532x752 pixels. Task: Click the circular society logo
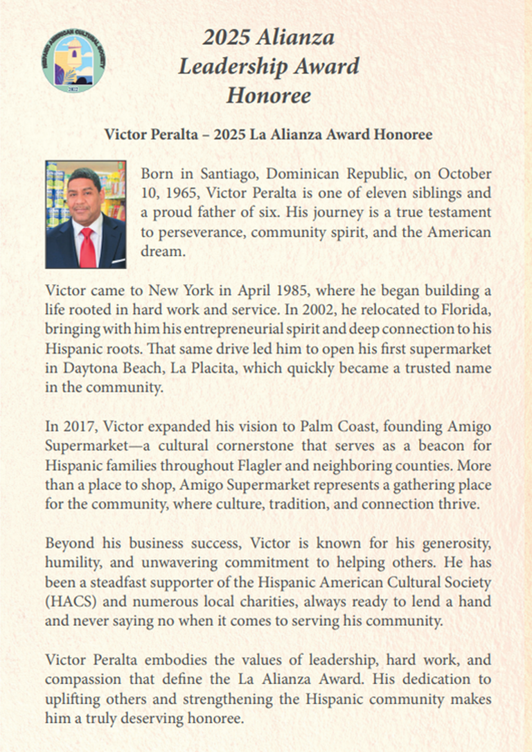73,60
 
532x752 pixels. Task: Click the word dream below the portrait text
163,251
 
